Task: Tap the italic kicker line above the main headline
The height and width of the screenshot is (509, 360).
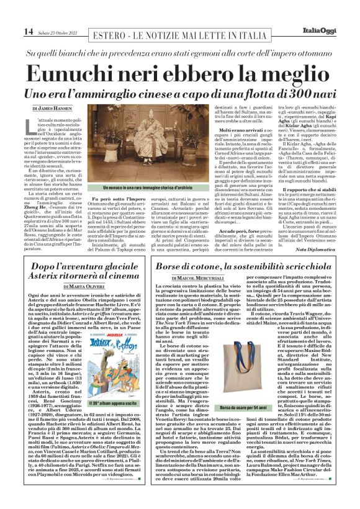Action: click(180, 54)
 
